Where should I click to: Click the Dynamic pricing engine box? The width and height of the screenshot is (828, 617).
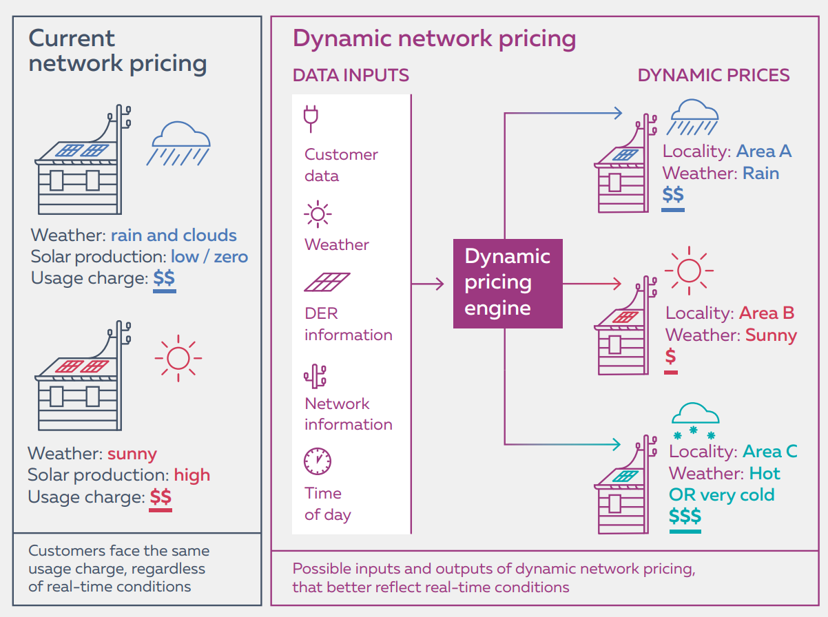click(x=508, y=283)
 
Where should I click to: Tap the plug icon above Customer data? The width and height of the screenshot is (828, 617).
click(x=311, y=119)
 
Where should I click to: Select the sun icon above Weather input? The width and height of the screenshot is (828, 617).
click(x=318, y=215)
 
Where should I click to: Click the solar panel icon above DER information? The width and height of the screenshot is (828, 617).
click(x=327, y=283)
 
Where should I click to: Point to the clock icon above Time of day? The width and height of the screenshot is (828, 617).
click(x=318, y=461)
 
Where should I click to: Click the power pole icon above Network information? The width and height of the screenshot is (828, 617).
click(x=315, y=375)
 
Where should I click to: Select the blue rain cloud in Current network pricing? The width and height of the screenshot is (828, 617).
click(x=178, y=143)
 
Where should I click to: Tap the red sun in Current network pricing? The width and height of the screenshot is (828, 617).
click(x=178, y=358)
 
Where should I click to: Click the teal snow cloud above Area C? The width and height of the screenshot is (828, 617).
click(x=694, y=421)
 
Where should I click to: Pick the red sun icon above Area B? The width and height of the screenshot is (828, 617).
click(x=689, y=269)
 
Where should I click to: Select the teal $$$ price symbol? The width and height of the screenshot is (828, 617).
click(x=685, y=516)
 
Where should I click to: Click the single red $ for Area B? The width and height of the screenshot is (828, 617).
click(x=671, y=356)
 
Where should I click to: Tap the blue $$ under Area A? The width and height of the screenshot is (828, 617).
click(x=673, y=195)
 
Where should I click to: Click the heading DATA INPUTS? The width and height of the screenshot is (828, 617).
click(x=351, y=75)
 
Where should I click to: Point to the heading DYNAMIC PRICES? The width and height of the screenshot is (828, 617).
click(x=714, y=75)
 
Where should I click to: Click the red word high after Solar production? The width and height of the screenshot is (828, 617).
click(x=192, y=475)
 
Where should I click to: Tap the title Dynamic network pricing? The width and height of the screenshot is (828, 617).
click(x=434, y=38)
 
